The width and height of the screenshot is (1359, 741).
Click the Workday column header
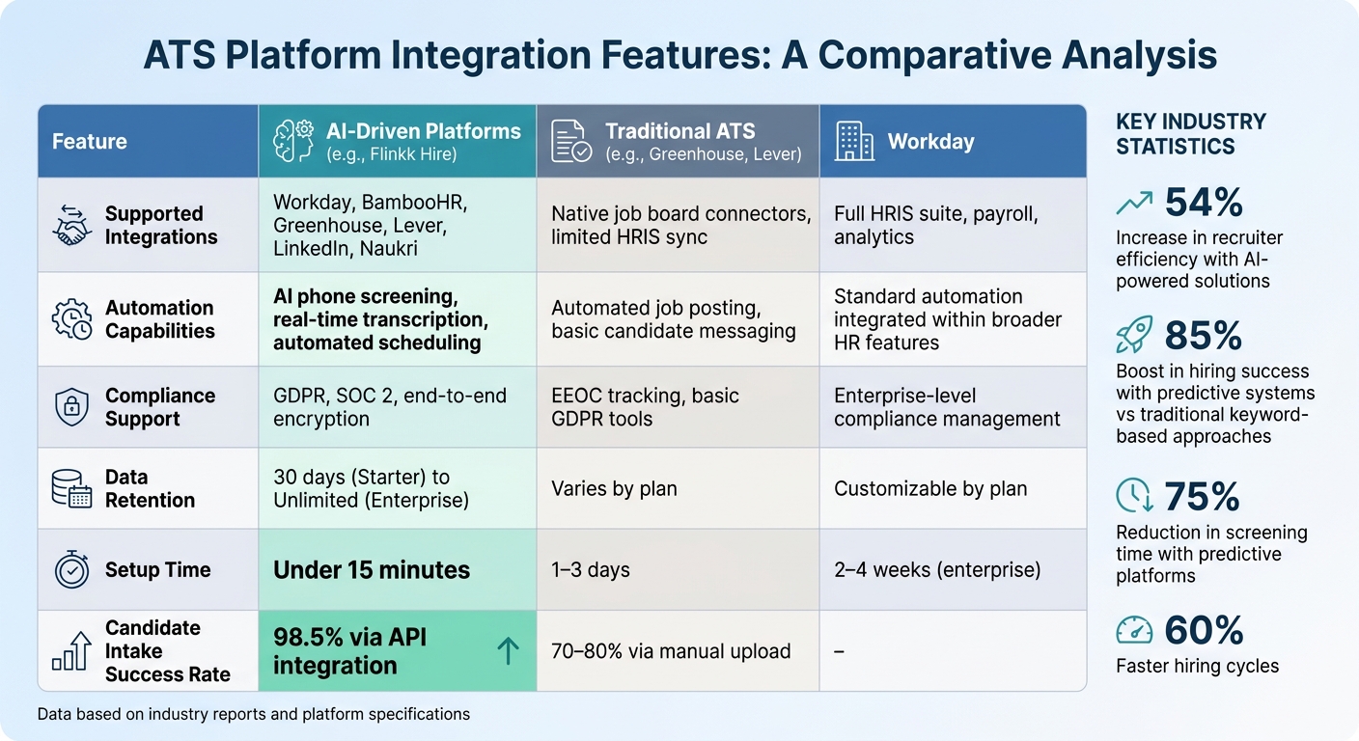(930, 142)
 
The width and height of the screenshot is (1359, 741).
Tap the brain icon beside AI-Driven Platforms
(293, 141)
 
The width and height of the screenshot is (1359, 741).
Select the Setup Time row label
(157, 570)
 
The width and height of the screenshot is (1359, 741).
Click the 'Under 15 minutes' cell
(372, 570)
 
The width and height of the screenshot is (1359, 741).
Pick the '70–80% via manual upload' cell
(671, 651)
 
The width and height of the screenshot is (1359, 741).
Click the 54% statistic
(1203, 203)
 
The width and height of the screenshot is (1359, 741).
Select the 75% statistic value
(1202, 496)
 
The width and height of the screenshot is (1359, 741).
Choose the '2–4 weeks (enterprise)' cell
(937, 570)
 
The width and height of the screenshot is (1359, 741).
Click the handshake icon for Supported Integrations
(70, 226)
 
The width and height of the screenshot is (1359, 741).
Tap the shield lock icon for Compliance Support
(70, 407)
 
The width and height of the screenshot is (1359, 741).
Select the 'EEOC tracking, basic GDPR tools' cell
(645, 407)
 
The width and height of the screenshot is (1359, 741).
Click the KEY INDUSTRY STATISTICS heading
(1190, 134)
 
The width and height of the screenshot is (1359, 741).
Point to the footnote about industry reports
(254, 715)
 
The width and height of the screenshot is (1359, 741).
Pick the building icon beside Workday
(854, 141)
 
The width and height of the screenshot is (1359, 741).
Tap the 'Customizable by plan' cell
(929, 488)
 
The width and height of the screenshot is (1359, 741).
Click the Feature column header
(90, 142)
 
